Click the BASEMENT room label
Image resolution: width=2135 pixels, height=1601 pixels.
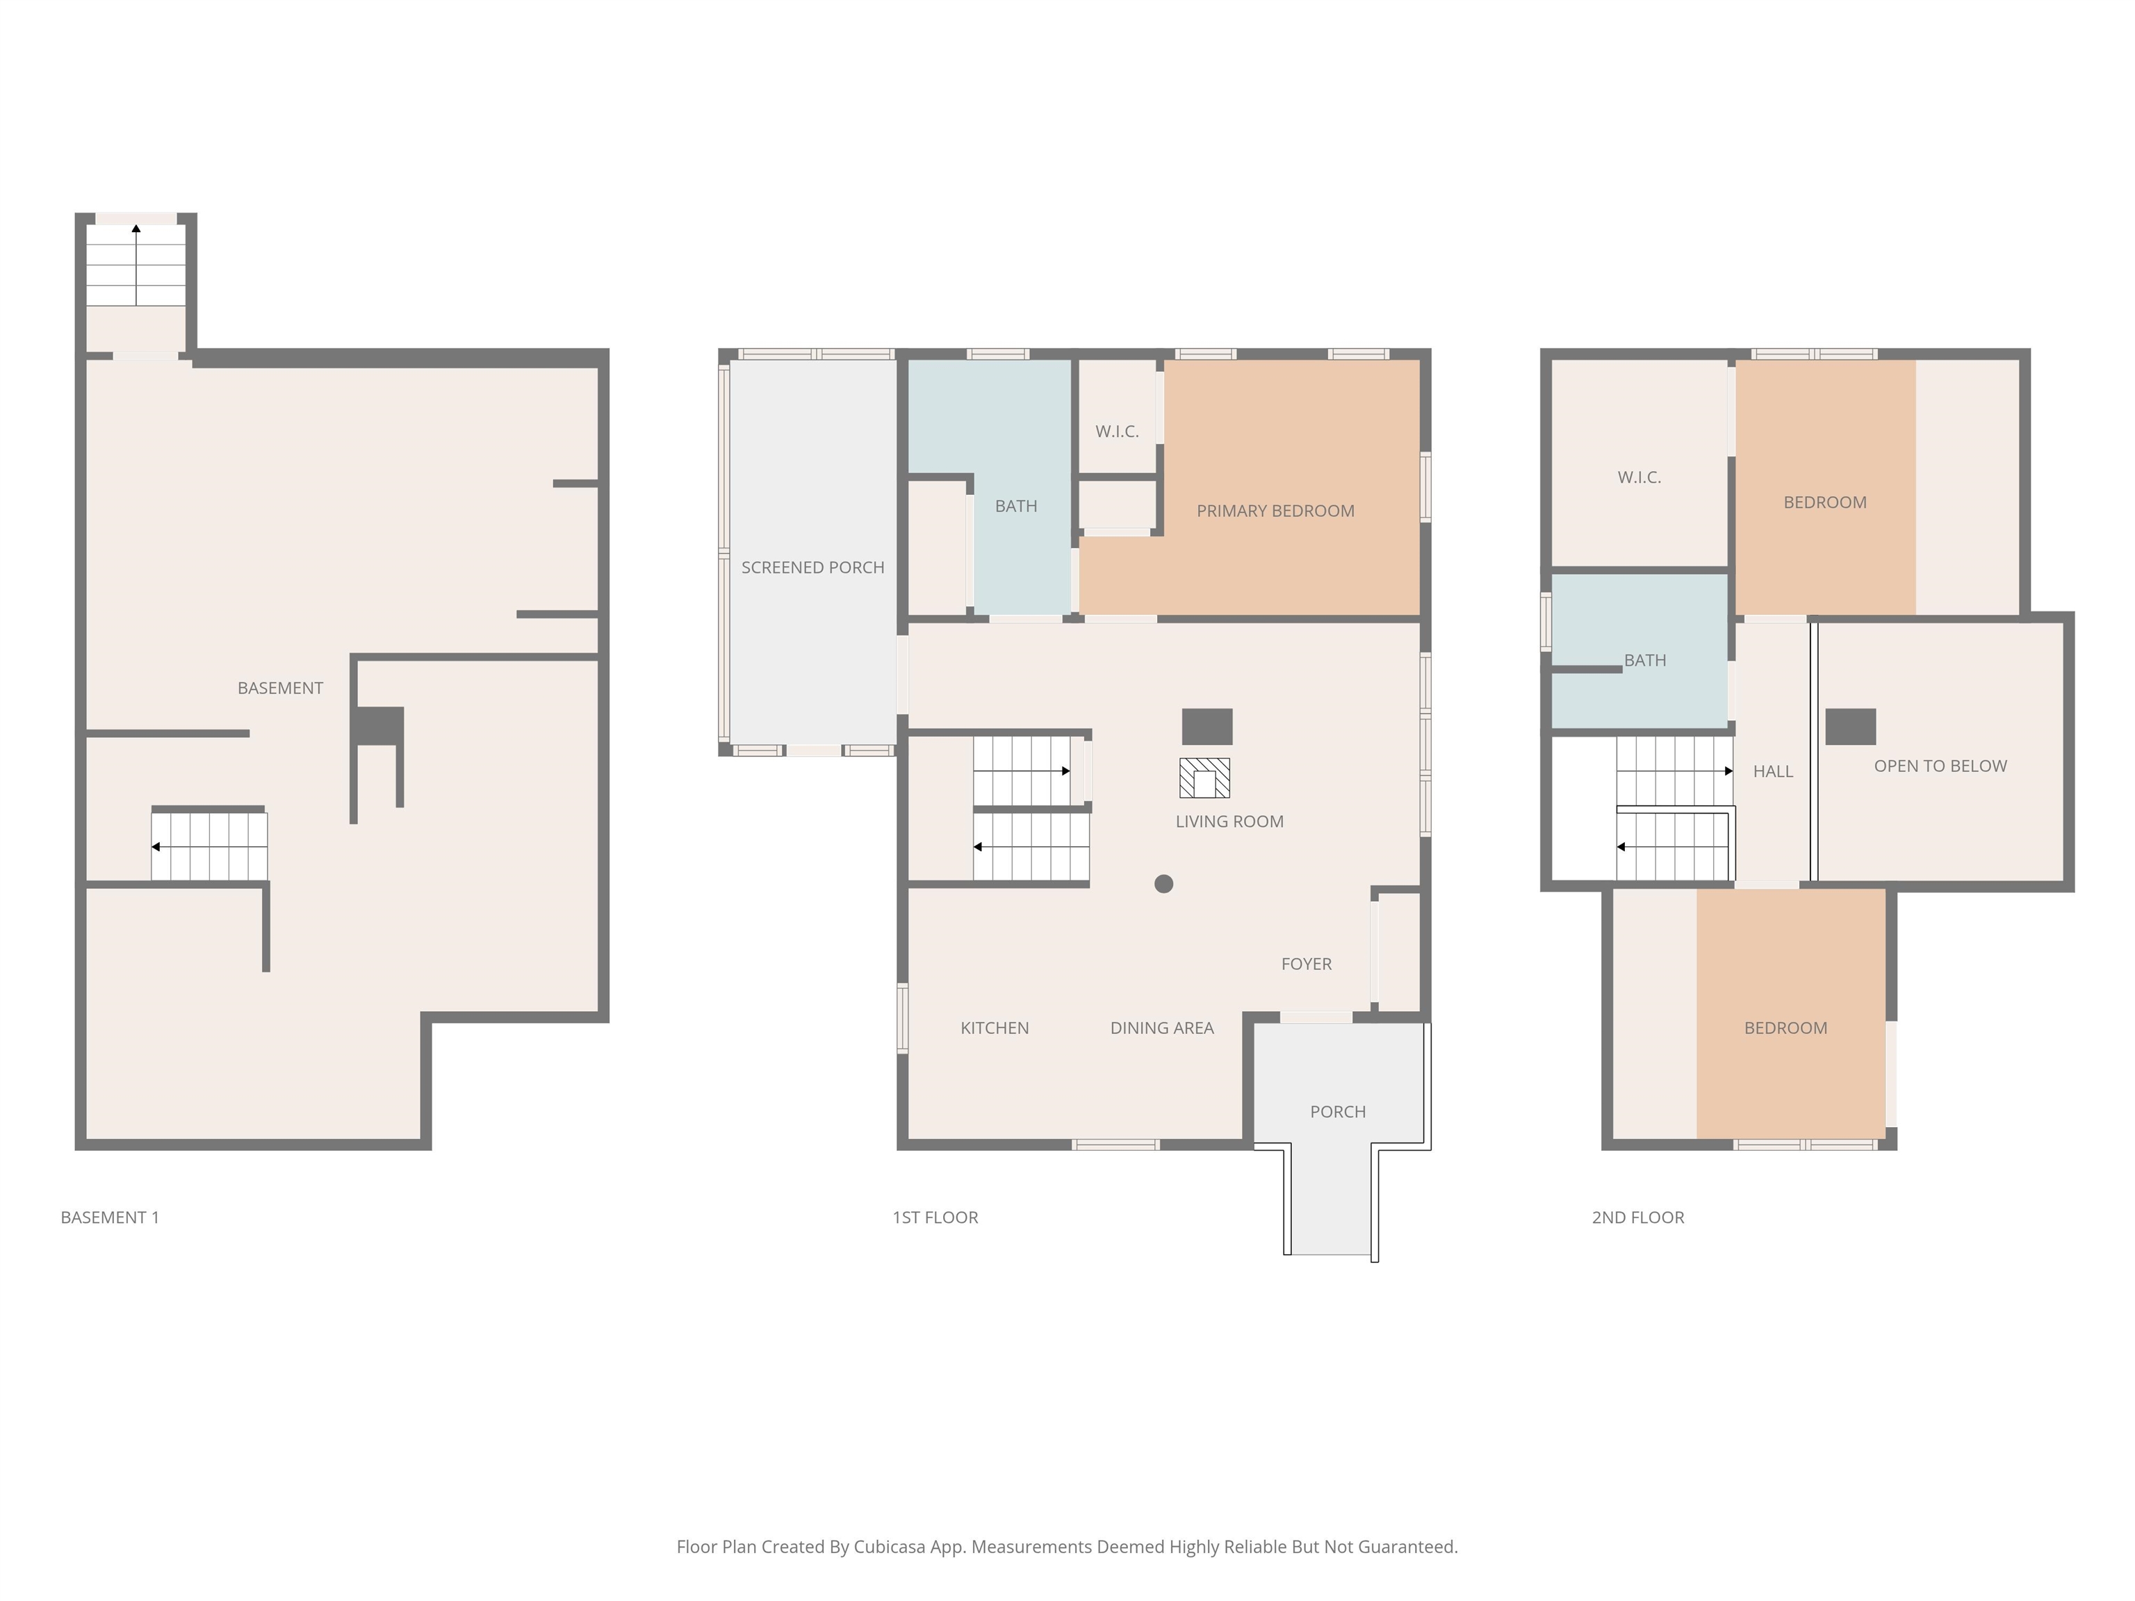click(x=280, y=688)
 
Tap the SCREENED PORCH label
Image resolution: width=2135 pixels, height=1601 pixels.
click(x=812, y=568)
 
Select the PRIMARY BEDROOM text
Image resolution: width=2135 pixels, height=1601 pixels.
click(x=1275, y=511)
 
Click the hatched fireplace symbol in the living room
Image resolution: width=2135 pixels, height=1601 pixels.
click(x=1204, y=778)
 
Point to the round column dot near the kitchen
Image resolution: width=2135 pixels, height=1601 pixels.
click(x=1164, y=883)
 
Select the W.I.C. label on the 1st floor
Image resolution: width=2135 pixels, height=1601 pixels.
click(x=1117, y=432)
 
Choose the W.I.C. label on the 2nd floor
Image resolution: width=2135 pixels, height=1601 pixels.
click(x=1639, y=477)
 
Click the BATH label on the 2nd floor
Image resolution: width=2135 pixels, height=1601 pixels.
click(x=1644, y=660)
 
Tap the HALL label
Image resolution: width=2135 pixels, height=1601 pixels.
click(x=1772, y=771)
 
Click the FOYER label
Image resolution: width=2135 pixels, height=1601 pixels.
click(x=1306, y=964)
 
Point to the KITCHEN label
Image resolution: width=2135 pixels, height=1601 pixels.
click(x=994, y=1028)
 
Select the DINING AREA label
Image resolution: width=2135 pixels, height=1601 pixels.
click(x=1161, y=1028)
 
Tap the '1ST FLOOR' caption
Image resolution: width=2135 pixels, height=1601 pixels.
click(x=934, y=1218)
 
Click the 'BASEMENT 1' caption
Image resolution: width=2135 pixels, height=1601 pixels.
click(x=110, y=1218)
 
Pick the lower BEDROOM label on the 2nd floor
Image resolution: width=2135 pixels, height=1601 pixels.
click(x=1785, y=1028)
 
